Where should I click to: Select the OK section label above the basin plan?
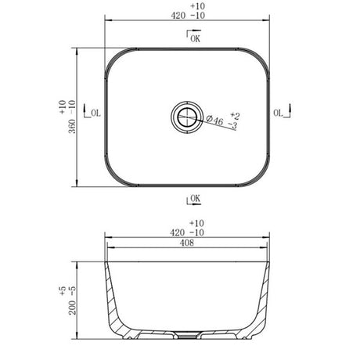coord(193,36)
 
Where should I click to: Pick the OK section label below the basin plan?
coord(195,200)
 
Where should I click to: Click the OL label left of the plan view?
coord(95,114)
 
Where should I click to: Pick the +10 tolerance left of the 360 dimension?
coord(62,107)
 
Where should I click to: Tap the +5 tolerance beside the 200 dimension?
coord(62,290)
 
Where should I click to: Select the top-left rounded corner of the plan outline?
coord(113,59)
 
